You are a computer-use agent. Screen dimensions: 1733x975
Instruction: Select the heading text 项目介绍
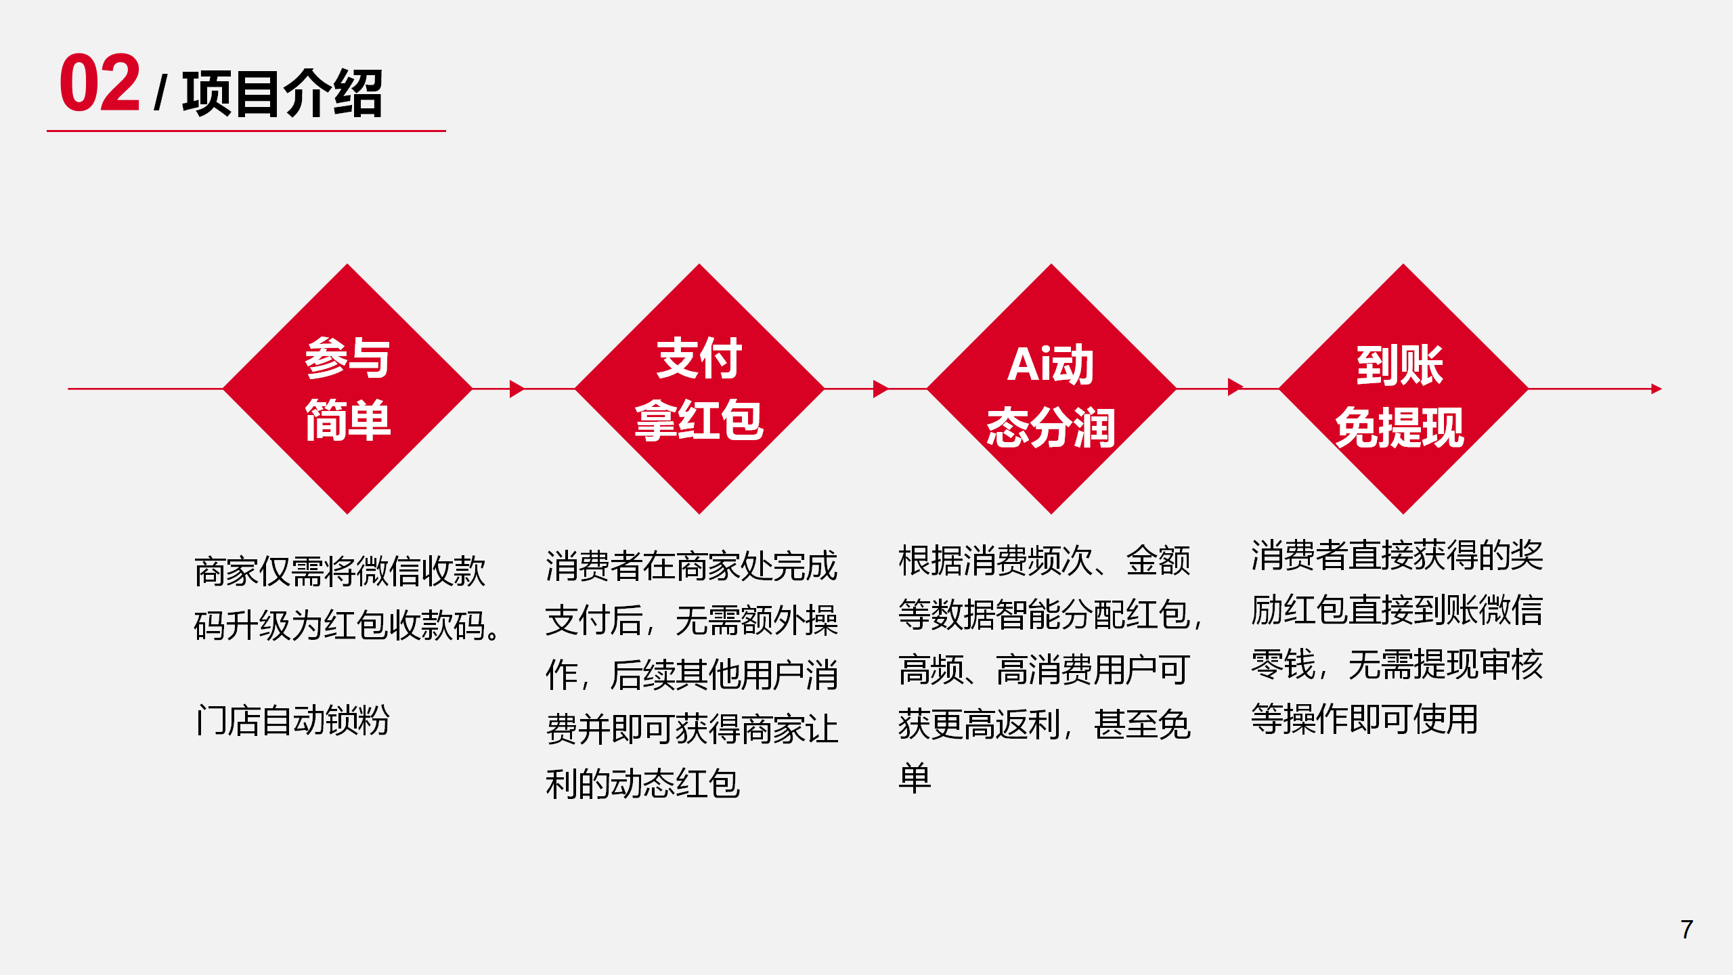tap(282, 93)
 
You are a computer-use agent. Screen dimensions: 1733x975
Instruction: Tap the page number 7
tap(1686, 930)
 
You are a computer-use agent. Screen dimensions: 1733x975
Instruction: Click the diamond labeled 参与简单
tap(347, 389)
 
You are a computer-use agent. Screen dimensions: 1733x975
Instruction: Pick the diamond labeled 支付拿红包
tap(699, 389)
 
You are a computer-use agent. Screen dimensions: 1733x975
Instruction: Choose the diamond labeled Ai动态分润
tap(1051, 389)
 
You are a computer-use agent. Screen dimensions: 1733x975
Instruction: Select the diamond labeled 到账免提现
tap(1403, 389)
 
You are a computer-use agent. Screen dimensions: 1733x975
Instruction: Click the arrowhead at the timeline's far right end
tap(1657, 389)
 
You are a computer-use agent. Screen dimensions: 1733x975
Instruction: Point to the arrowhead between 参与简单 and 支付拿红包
tap(517, 389)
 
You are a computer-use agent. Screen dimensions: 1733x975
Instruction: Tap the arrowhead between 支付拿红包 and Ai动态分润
tap(881, 389)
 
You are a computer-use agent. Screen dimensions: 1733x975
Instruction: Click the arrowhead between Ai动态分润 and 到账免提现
tap(1235, 387)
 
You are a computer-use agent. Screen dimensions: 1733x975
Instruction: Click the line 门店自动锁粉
tap(292, 720)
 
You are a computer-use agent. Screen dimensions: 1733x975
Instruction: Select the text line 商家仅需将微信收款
tap(340, 571)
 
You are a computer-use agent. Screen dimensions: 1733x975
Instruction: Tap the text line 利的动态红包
tap(643, 784)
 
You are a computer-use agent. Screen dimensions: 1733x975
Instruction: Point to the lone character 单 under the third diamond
tap(915, 778)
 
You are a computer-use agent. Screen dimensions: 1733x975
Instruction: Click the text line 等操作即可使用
tap(1364, 719)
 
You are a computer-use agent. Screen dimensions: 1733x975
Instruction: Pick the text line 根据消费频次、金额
tap(1045, 561)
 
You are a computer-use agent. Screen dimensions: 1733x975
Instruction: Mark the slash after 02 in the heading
tap(160, 93)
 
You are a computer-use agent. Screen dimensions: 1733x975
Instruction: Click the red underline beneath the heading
tap(246, 131)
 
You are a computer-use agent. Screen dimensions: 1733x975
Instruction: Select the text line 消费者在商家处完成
tap(692, 566)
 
